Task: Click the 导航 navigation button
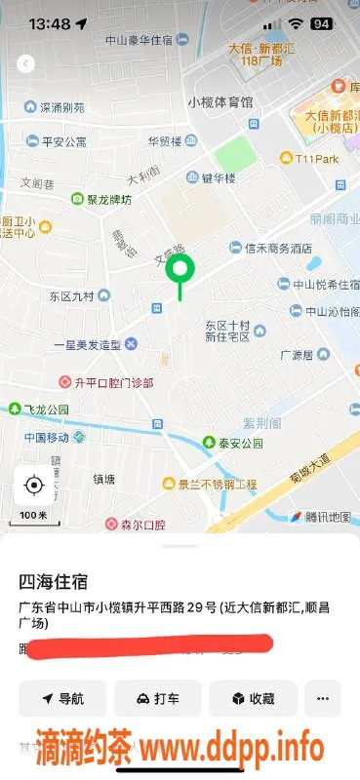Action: (62, 698)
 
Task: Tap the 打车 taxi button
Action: (157, 698)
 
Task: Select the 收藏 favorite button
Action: (252, 698)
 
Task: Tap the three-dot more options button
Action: (323, 698)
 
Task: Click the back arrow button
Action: (26, 63)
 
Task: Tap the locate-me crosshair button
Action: (34, 485)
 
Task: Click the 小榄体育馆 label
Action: (220, 101)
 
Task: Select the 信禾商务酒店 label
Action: (271, 248)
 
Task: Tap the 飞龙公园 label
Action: (46, 409)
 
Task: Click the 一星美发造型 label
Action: (87, 344)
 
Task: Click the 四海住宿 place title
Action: (54, 582)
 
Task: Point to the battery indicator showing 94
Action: (320, 22)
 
